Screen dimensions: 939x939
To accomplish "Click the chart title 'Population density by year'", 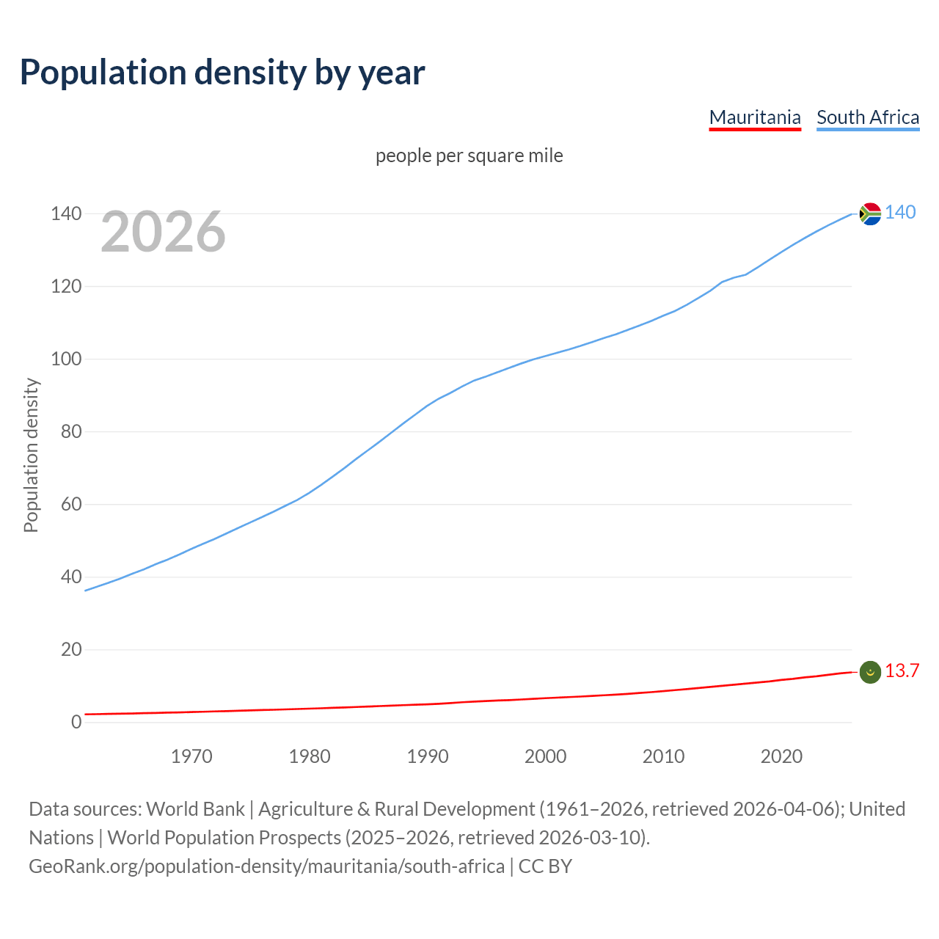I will click(x=222, y=73).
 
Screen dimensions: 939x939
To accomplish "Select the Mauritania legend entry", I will click(x=755, y=117).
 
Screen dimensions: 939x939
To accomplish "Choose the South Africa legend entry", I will click(x=868, y=117).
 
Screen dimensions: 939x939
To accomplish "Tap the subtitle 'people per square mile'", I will click(x=469, y=156).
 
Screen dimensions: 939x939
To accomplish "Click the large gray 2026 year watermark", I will click(x=163, y=232).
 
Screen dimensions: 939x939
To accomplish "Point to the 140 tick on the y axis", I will click(x=66, y=213).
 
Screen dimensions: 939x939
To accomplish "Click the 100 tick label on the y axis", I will click(x=66, y=359).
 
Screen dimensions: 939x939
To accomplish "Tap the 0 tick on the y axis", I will click(x=76, y=722).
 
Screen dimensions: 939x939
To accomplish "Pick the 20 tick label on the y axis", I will click(x=71, y=649).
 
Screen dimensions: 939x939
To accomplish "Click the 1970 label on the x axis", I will click(x=191, y=756).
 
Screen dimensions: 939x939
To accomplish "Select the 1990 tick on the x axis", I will click(x=428, y=756).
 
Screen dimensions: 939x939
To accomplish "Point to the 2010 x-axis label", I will click(x=663, y=756).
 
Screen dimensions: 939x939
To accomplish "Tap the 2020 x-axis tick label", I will click(x=781, y=756).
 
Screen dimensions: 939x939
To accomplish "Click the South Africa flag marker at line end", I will click(x=870, y=213).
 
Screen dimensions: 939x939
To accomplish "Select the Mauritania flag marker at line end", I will click(x=870, y=672).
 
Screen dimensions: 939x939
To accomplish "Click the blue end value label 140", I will click(x=900, y=212).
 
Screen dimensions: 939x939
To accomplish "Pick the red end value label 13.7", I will click(x=902, y=671).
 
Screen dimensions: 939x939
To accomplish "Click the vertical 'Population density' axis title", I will click(x=31, y=455).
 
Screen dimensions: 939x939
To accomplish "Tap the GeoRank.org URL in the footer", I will click(x=266, y=866).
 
